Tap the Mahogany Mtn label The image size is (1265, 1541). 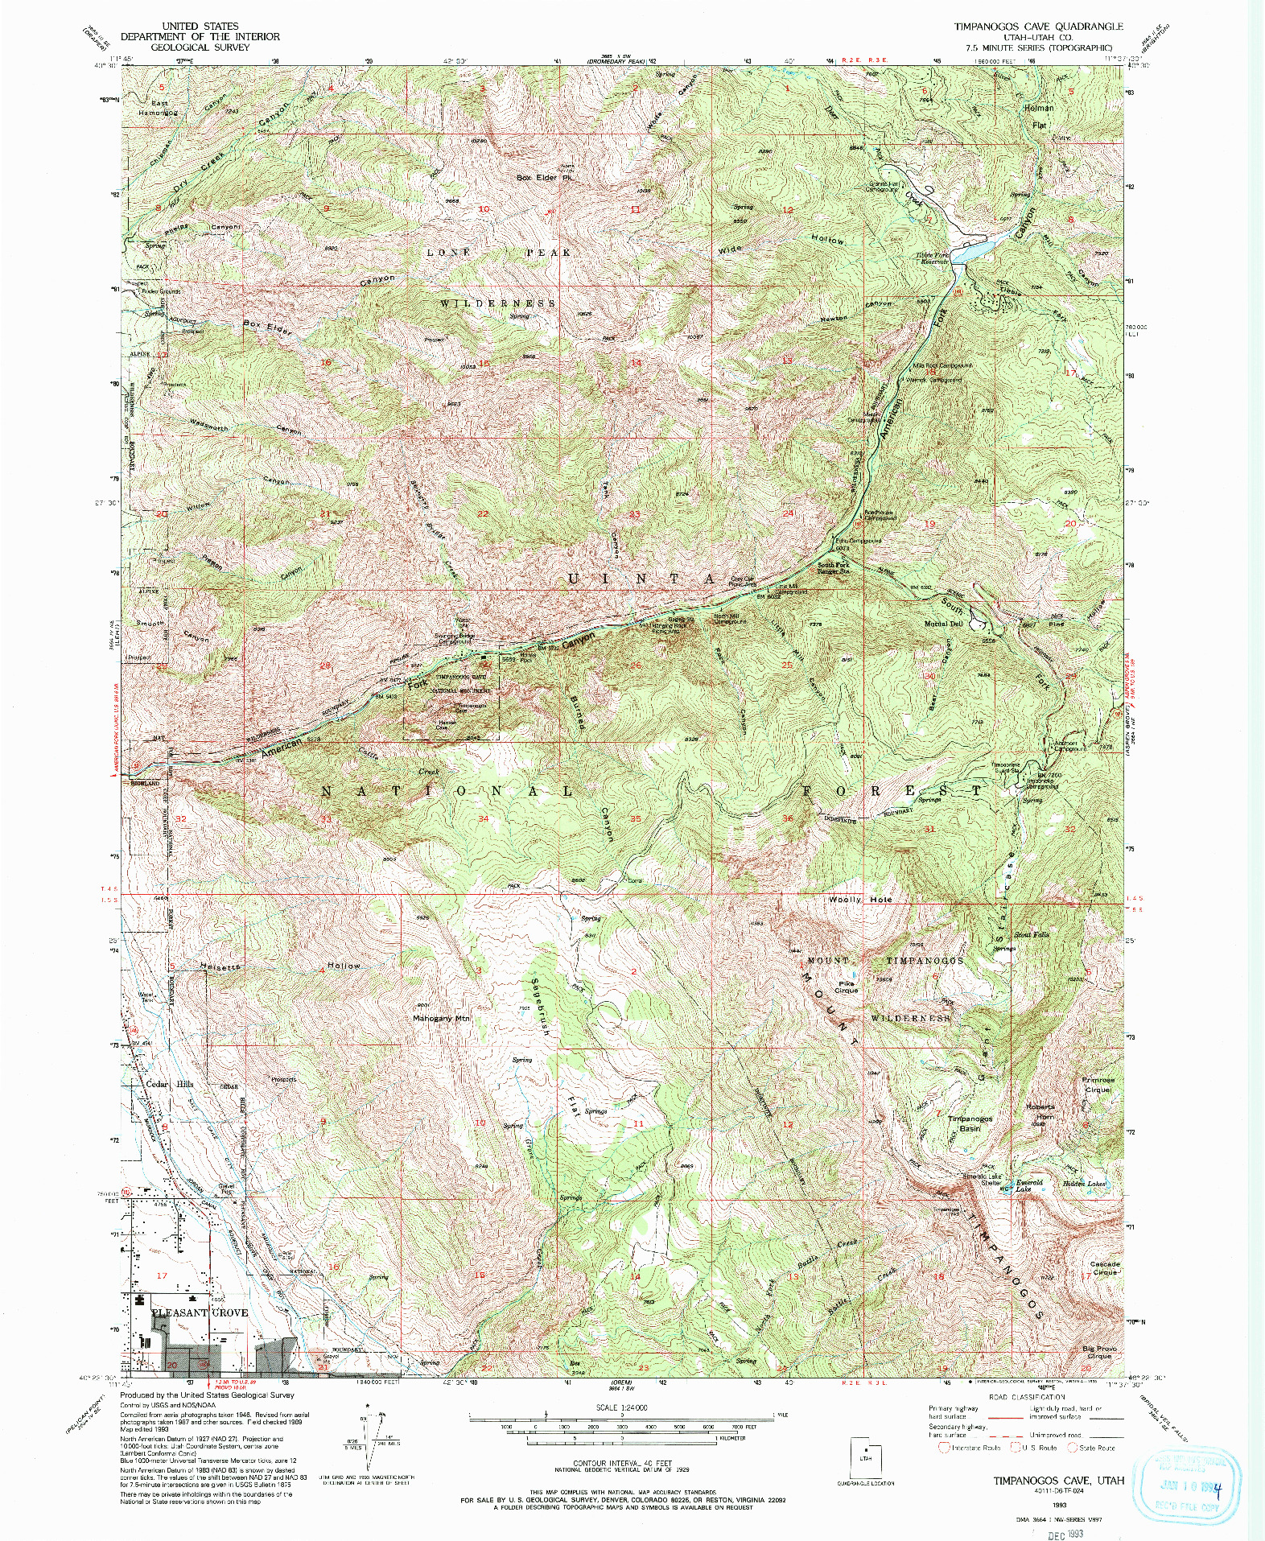click(x=440, y=1018)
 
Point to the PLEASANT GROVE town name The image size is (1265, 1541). click(x=200, y=1312)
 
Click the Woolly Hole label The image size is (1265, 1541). click(x=860, y=900)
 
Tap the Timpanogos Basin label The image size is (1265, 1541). click(x=970, y=1123)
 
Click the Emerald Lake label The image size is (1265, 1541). click(x=1028, y=1185)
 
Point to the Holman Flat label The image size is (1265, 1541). click(x=1039, y=116)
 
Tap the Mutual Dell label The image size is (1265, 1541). click(x=943, y=624)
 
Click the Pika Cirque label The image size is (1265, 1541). click(x=846, y=987)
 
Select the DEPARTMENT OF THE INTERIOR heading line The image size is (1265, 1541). click(x=200, y=36)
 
